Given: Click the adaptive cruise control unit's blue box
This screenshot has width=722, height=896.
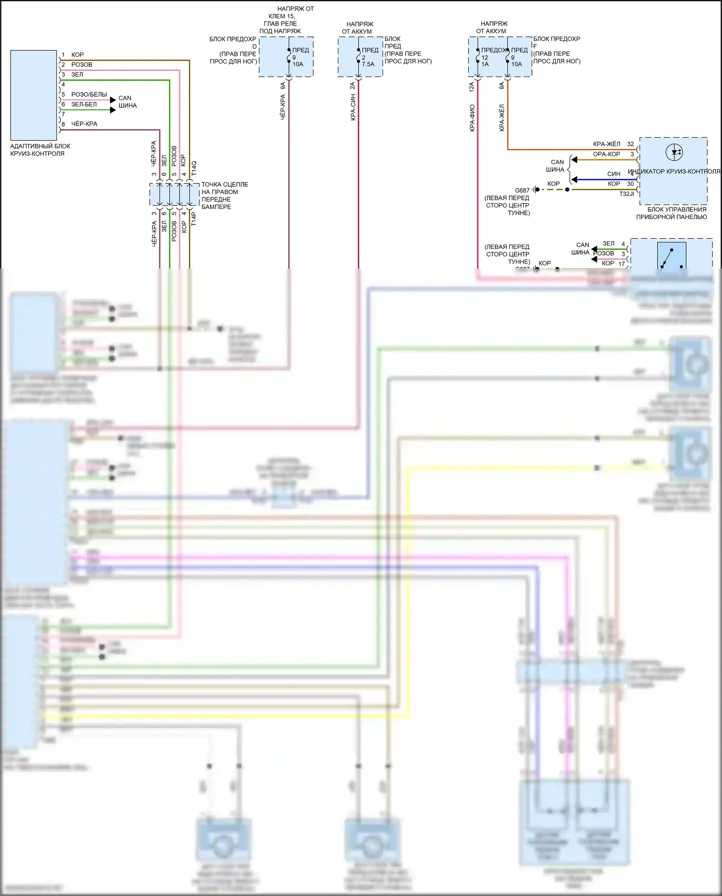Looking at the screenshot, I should click(x=34, y=95).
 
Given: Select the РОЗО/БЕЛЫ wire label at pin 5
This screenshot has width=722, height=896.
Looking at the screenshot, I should click(x=89, y=94).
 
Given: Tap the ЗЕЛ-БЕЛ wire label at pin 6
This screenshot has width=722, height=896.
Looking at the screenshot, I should click(x=84, y=104).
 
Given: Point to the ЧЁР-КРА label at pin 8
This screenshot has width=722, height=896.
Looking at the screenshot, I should click(x=84, y=124).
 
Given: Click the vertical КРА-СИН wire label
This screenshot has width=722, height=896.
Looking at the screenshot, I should click(x=353, y=107).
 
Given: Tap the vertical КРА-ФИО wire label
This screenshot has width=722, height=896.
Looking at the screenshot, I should click(x=472, y=118).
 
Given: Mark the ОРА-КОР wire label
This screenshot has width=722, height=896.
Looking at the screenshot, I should click(x=606, y=154).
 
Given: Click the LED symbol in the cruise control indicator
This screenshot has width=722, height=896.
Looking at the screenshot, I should click(x=674, y=153).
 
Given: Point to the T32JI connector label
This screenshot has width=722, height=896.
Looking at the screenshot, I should click(x=627, y=194).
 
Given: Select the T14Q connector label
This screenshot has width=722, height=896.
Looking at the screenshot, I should click(x=194, y=168).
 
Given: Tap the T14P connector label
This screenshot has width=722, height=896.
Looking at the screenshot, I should click(x=194, y=219).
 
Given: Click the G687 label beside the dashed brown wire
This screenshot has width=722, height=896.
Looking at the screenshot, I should click(x=522, y=190).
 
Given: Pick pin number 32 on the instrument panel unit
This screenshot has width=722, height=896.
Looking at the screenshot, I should click(x=631, y=144).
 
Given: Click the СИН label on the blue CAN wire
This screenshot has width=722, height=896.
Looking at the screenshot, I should click(x=614, y=174).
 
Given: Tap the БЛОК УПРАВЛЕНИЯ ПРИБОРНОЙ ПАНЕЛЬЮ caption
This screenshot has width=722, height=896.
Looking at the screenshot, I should click(x=672, y=213).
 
